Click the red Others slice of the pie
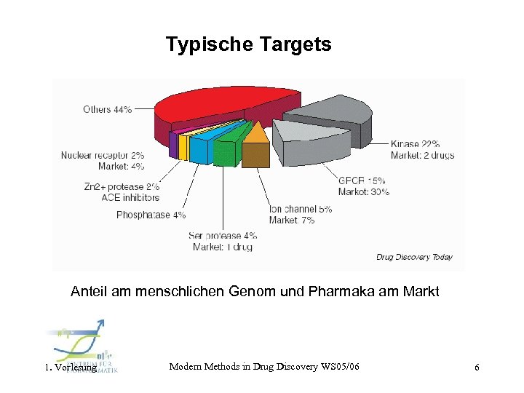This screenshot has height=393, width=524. point(218,106)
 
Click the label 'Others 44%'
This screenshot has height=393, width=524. point(107,109)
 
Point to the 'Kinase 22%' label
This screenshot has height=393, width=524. point(415,144)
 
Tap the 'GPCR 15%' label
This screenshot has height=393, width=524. point(362,180)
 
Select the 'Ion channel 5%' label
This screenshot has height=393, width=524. point(301,209)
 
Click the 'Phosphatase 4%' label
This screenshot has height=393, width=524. point(151,215)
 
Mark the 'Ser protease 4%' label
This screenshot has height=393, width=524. point(223,235)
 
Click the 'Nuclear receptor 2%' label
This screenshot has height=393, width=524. point(102,155)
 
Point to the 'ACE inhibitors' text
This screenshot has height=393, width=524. point(130,197)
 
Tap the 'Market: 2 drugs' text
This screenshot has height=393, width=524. point(422,155)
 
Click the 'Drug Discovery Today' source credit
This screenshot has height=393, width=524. point(414,257)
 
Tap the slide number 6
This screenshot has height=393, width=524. point(477,368)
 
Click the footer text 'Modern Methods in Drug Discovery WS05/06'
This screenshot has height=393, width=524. point(264,367)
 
